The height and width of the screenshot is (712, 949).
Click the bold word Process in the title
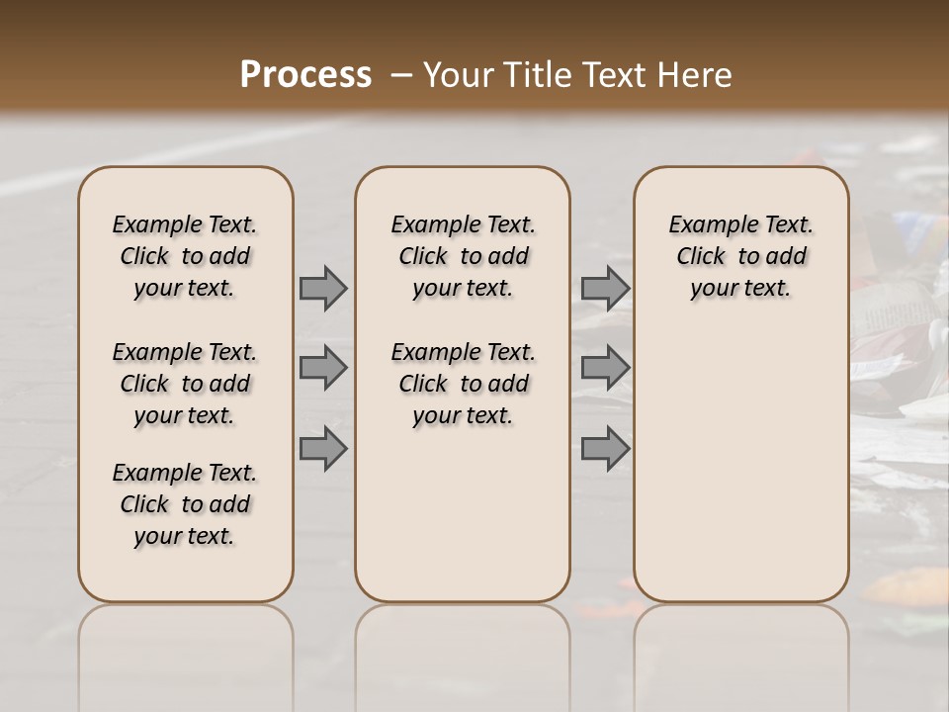(x=305, y=75)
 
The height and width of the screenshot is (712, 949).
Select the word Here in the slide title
(x=696, y=75)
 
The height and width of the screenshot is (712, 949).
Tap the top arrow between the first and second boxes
(x=323, y=288)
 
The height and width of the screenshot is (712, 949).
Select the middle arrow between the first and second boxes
(x=323, y=368)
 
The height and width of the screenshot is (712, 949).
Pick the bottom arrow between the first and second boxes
(x=323, y=448)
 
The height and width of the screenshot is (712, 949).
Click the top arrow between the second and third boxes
(x=605, y=288)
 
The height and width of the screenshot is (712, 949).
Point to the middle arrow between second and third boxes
(x=605, y=368)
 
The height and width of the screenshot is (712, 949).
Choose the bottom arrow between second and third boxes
(x=605, y=448)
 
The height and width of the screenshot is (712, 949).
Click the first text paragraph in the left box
(x=185, y=256)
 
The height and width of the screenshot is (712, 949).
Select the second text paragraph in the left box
(x=185, y=384)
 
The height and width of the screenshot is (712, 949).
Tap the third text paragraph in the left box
(x=185, y=504)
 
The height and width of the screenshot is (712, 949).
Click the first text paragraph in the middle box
(x=463, y=256)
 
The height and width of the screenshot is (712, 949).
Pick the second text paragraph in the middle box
(x=463, y=384)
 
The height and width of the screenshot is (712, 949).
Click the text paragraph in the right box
(x=740, y=256)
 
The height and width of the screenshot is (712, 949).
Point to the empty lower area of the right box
(x=740, y=465)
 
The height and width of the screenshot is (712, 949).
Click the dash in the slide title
(x=401, y=75)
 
